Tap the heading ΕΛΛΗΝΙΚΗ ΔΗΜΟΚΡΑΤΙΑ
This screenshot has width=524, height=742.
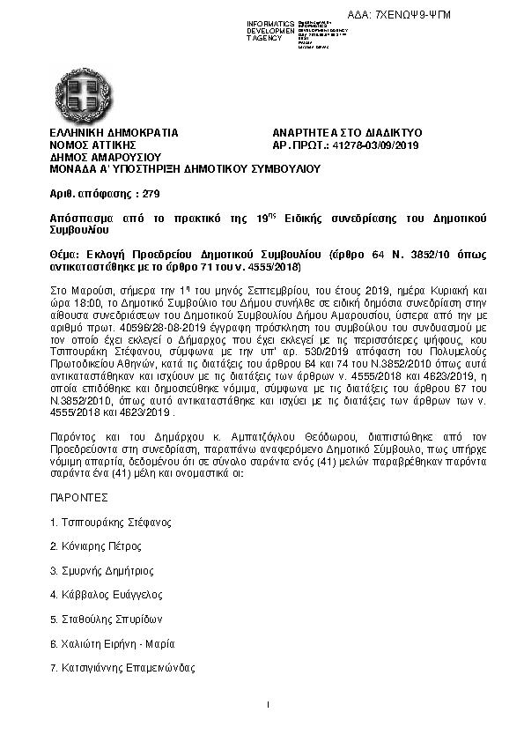coord(114,133)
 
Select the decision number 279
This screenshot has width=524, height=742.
coord(151,192)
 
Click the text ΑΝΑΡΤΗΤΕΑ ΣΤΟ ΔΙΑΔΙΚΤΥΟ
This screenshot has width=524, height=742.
coord(348,133)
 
